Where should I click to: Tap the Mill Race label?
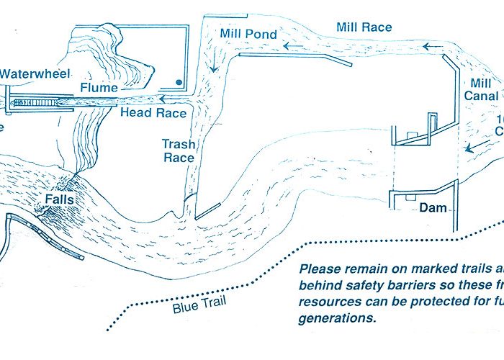364,27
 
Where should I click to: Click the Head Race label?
153,113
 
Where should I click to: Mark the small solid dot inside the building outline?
178,80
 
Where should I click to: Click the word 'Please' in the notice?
320,269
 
